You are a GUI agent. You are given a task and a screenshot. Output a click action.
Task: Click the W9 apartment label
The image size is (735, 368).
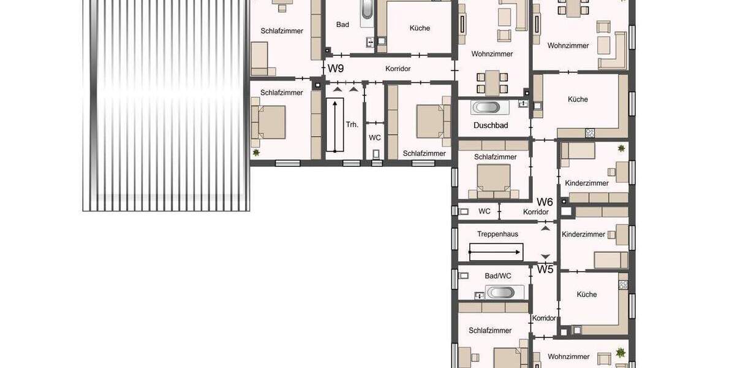(x=336, y=69)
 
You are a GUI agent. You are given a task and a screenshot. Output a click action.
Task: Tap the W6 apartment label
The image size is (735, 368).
(x=545, y=202)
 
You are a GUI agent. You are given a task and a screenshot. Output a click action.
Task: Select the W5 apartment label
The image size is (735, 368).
(x=545, y=269)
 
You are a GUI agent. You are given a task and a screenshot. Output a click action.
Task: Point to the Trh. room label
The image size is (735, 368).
(x=352, y=125)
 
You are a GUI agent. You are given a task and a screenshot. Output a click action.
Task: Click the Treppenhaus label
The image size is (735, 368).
(x=497, y=234)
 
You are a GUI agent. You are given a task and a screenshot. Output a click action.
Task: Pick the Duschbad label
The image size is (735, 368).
(x=491, y=125)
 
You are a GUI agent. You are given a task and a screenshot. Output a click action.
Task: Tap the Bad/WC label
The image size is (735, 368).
(x=498, y=276)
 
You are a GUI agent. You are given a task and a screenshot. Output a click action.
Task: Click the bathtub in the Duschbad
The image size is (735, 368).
(x=486, y=107)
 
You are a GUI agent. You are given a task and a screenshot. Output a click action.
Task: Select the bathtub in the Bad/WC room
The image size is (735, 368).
(x=500, y=292)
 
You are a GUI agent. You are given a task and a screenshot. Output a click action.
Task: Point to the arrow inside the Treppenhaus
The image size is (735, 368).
(x=496, y=251)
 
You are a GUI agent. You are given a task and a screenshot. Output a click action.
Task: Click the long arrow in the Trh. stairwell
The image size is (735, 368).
(x=335, y=125)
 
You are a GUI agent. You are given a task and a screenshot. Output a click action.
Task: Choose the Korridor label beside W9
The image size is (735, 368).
(x=398, y=69)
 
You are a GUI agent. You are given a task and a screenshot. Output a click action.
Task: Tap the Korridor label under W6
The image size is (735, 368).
(x=536, y=212)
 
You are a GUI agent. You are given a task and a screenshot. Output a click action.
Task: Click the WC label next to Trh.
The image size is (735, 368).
(x=375, y=138)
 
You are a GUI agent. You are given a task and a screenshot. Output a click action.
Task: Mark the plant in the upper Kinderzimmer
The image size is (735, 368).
(x=621, y=148)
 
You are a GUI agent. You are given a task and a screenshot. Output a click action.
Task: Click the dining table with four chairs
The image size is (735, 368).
(x=493, y=82)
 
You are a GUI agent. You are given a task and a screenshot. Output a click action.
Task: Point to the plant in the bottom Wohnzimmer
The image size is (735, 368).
(x=621, y=352)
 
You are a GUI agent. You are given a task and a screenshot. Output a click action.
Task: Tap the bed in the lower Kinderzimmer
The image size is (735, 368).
(x=611, y=260)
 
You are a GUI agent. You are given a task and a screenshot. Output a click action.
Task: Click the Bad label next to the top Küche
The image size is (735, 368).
(x=342, y=25)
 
